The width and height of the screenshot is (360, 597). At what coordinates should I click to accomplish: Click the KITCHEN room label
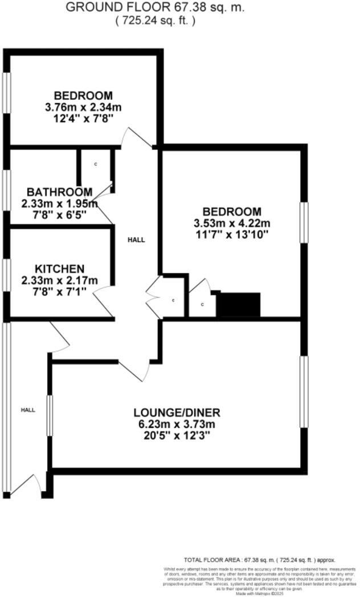60,269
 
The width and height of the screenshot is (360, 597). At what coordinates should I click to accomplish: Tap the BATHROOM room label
59,192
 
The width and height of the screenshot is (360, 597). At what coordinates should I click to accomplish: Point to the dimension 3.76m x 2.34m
83,107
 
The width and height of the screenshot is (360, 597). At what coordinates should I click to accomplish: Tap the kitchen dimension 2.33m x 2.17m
59,280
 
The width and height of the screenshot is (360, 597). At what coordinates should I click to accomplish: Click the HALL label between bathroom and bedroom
136,240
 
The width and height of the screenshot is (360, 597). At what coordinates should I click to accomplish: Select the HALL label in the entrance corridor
28,410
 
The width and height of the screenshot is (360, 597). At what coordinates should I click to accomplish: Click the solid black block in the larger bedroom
239,305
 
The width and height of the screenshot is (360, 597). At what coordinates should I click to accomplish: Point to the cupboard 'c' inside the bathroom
96,165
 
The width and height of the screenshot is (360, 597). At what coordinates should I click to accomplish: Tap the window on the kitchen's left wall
6,272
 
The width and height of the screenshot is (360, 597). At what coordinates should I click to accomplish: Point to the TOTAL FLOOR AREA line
259,560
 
